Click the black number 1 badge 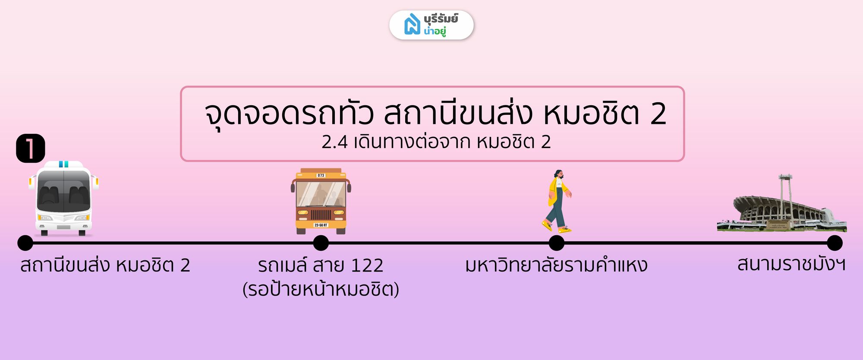pos(30,148)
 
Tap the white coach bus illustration pos(64,198)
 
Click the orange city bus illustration pos(321,201)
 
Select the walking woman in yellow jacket pos(557,201)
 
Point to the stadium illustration pos(782,203)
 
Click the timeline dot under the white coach pos(25,243)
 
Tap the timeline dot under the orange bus pos(321,243)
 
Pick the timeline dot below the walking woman pos(557,243)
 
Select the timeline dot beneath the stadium pos(835,243)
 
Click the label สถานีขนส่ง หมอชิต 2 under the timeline pos(105,265)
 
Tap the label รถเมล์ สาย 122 pos(321,265)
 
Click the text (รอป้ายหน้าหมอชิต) pos(321,289)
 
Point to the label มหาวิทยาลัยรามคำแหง pos(557,265)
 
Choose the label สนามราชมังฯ pos(791,264)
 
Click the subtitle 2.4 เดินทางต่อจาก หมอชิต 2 pos(436,142)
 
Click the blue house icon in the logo pos(412,24)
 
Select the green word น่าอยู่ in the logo pos(435,31)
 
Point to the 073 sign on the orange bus pos(321,175)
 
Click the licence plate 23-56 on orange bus pos(321,225)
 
